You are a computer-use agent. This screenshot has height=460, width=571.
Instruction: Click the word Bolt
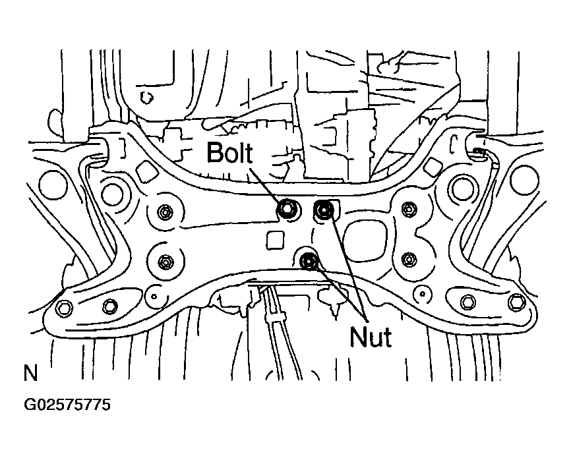coord(229,152)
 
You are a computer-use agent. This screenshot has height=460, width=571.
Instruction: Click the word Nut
coord(371,337)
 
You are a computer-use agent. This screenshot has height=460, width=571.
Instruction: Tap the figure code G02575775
coord(67,405)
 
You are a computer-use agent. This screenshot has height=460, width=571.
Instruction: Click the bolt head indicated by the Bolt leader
coord(286,208)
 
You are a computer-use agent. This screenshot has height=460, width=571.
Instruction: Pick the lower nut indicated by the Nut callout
coord(309,260)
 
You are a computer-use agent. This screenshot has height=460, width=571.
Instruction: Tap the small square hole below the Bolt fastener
coord(275,240)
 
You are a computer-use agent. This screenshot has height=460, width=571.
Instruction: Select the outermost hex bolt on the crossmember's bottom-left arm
coord(64,308)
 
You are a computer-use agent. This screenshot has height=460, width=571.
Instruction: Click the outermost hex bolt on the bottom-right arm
coord(517,301)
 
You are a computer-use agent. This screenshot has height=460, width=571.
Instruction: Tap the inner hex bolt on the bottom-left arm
coord(109,305)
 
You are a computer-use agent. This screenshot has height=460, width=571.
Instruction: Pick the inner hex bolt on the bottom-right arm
coord(468,301)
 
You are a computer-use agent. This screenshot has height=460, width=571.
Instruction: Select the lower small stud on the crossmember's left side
coord(166,261)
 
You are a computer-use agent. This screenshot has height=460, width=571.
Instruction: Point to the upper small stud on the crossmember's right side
coord(409,208)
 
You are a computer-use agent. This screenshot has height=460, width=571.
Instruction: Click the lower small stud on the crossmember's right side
coord(409,259)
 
